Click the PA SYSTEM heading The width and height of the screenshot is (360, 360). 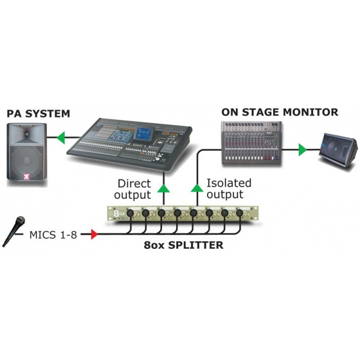coord(38,113)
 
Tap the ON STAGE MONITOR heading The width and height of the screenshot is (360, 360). coord(279,112)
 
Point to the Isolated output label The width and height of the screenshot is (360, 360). coord(229,189)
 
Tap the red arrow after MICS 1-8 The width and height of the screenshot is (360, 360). coord(94,234)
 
